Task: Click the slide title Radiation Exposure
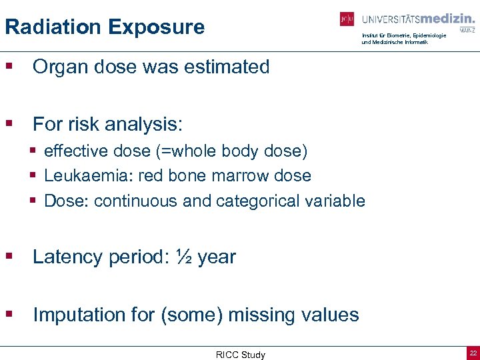click(x=105, y=27)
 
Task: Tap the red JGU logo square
click(x=347, y=19)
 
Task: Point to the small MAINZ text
click(x=467, y=30)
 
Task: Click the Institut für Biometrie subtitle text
click(x=403, y=35)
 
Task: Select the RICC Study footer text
click(x=240, y=355)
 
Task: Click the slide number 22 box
click(x=472, y=353)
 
